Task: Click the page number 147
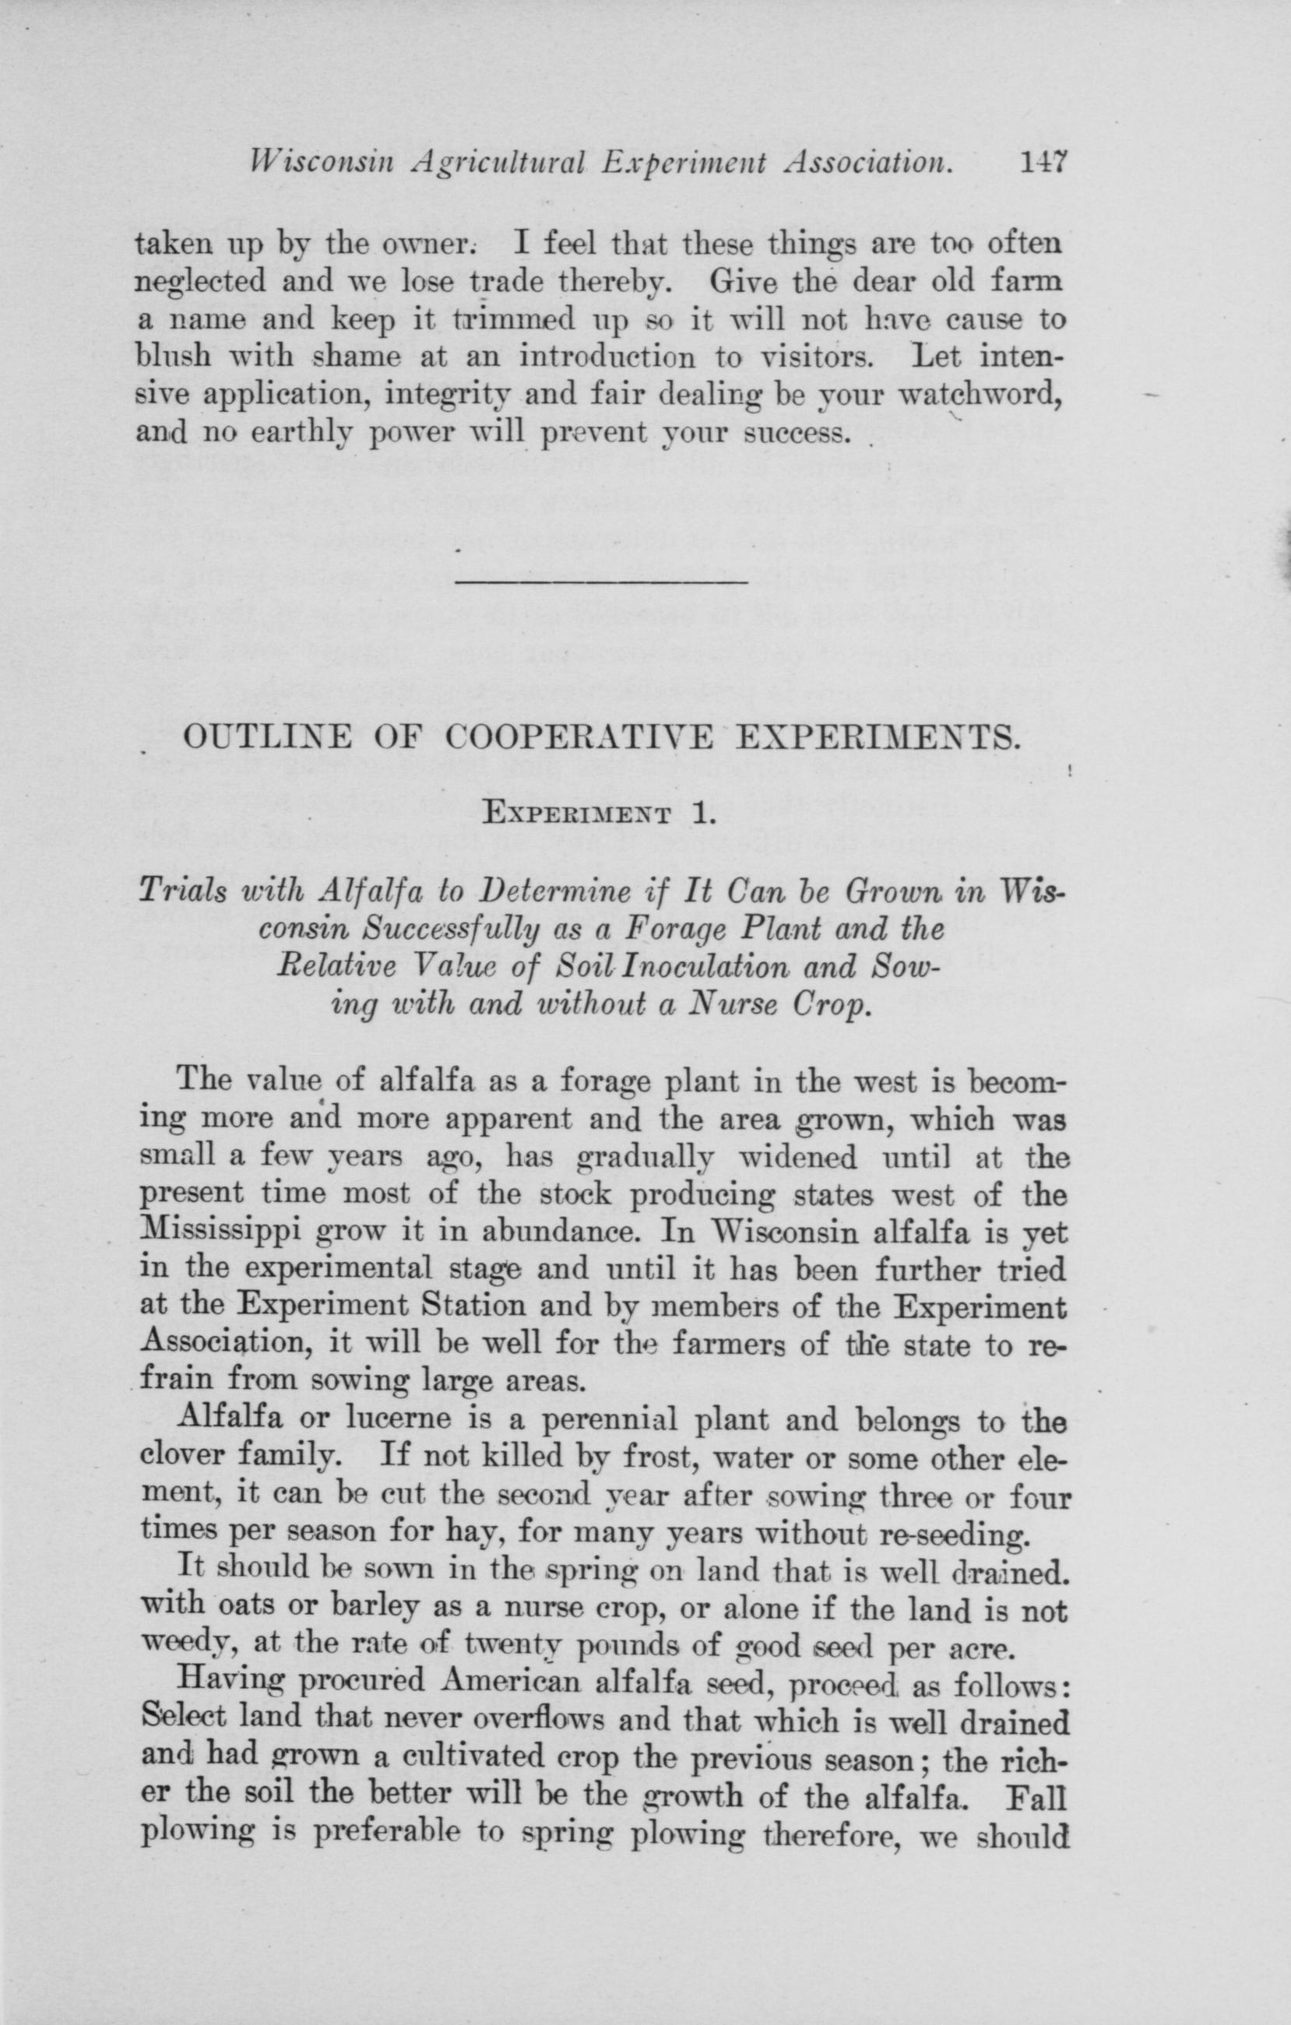click(x=1042, y=160)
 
